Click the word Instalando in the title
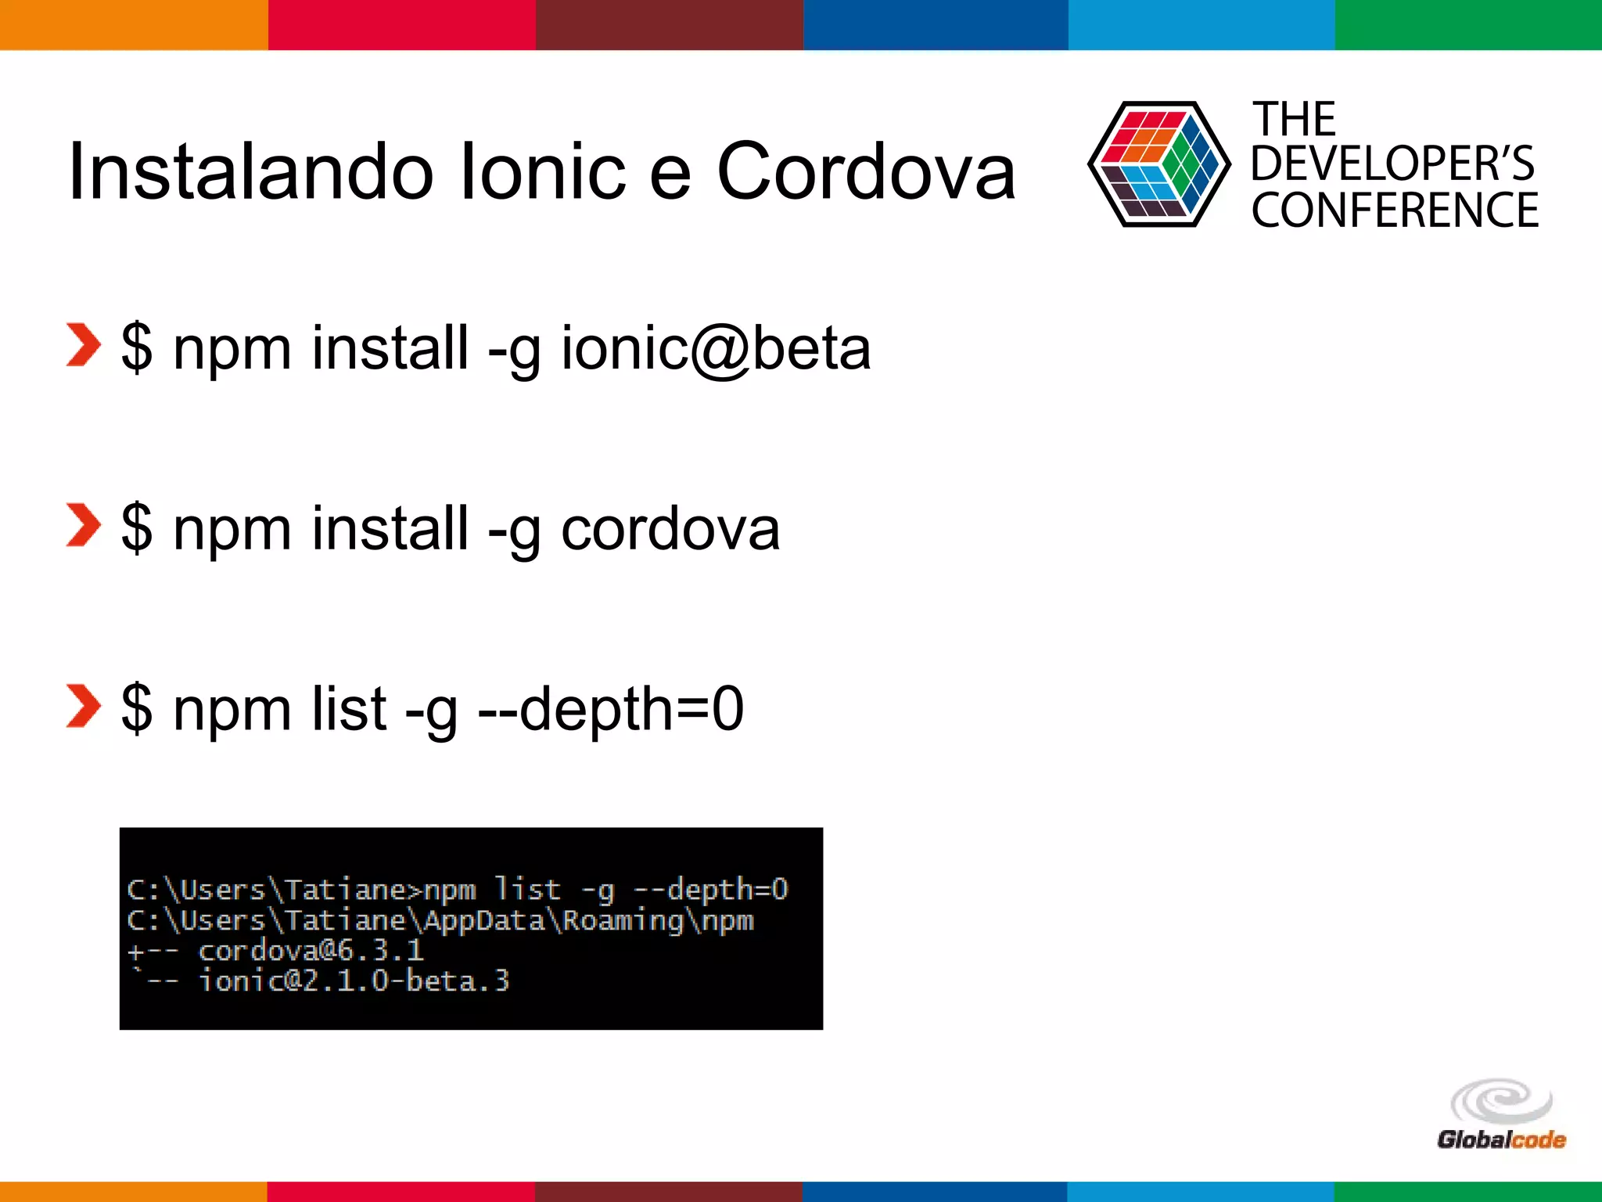coord(250,172)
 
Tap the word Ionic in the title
coord(544,172)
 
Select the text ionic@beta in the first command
coord(715,349)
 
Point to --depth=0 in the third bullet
coord(610,709)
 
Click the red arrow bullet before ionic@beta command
coord(83,345)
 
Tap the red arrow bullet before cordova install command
coord(83,525)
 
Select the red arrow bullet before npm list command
coord(83,706)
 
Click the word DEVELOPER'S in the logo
coord(1392,164)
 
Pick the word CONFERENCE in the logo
coord(1395,211)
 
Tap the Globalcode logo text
coord(1500,1139)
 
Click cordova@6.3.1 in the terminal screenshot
coord(311,951)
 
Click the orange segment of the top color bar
coord(133,24)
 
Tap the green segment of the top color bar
coord(1468,24)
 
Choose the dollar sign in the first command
coord(137,349)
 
